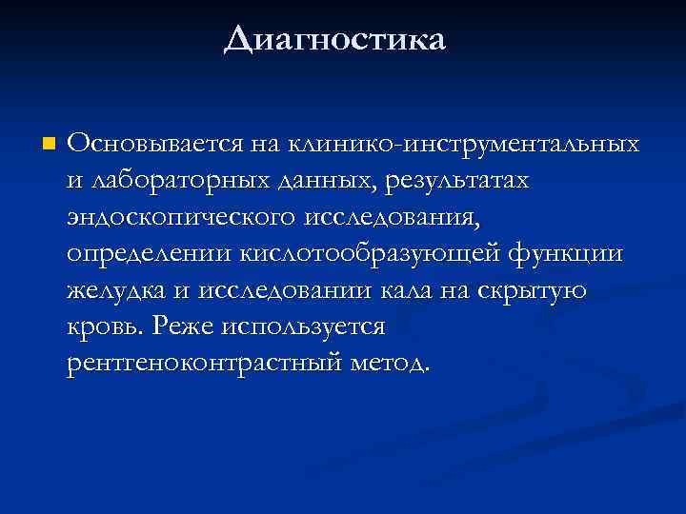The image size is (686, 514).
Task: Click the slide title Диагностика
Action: [x=334, y=39]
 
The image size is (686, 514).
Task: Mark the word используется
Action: [x=301, y=327]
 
